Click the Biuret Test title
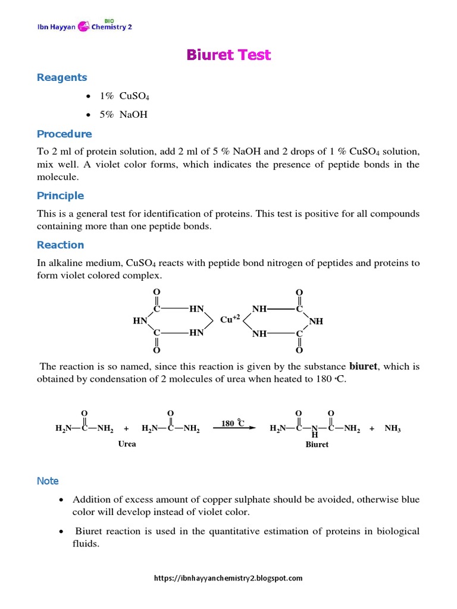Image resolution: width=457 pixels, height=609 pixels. pos(228,55)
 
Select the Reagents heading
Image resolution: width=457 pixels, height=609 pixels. pos(62,77)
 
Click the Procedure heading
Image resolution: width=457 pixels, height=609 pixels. pos(64,134)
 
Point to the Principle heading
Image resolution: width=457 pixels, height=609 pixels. pos(60,196)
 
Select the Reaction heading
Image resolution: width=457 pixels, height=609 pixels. pos(60,245)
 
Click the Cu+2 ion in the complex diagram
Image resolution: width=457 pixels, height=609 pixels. pos(230,319)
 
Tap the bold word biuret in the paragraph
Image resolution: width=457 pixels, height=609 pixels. pos(364,366)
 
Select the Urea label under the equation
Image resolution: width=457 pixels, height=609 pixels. pos(127,444)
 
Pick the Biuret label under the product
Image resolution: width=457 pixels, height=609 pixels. pos(317,444)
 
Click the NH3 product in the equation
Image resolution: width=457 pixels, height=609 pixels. pos(393,428)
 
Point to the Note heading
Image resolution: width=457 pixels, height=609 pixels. pos(48,481)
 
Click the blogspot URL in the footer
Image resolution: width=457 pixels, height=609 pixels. pos(228,577)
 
